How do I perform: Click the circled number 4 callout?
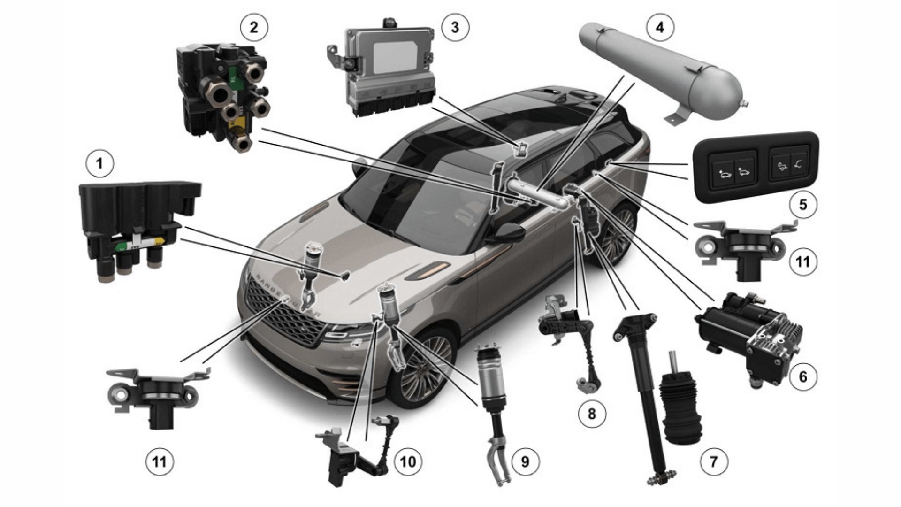click(x=660, y=28)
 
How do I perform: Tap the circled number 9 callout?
click(x=525, y=461)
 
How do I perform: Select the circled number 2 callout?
click(x=254, y=28)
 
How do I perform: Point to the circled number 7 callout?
click(x=714, y=461)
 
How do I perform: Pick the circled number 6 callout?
click(x=802, y=376)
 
